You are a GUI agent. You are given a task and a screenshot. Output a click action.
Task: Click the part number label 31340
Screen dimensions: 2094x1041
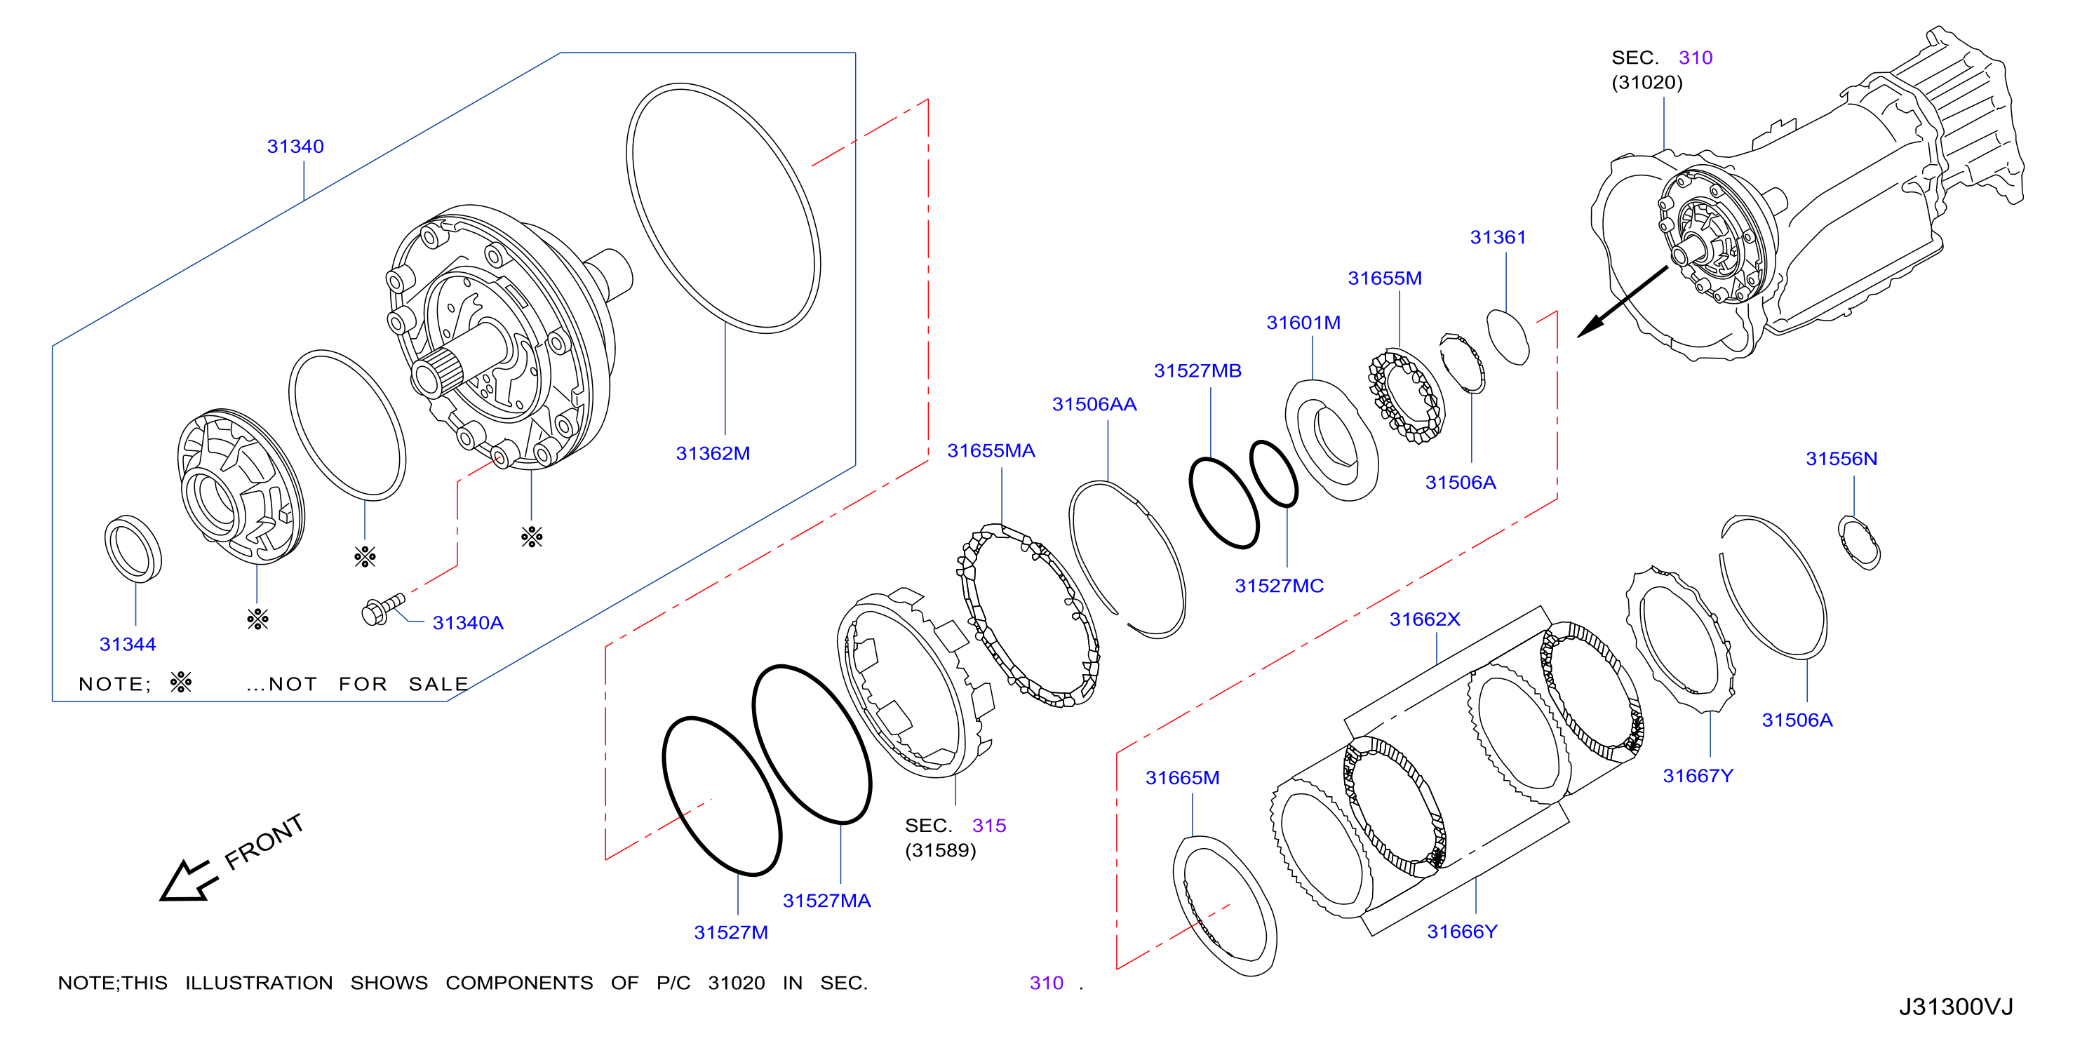295,147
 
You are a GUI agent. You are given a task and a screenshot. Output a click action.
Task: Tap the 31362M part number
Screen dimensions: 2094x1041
713,453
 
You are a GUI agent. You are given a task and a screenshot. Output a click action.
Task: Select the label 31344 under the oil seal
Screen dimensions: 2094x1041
128,645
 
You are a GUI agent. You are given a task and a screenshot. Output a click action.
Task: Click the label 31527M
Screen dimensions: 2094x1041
731,932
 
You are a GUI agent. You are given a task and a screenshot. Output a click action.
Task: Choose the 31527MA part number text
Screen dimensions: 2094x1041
826,901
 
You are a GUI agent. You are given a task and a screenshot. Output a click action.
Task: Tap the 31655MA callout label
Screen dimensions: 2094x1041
991,451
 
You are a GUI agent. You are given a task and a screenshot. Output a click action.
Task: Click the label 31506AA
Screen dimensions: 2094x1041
1094,405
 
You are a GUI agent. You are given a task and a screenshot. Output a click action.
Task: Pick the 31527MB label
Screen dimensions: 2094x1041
1197,370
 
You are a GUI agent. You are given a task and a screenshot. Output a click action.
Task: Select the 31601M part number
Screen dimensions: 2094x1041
1303,323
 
